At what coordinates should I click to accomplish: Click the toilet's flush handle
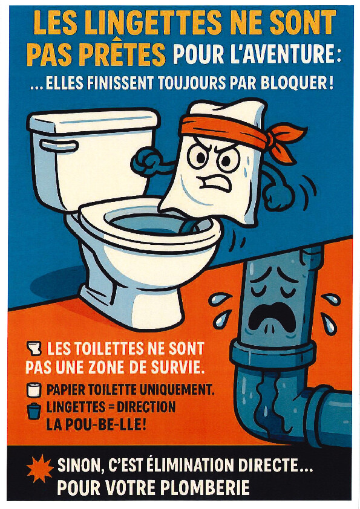pos(59,146)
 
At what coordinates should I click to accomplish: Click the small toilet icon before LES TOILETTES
pos(34,348)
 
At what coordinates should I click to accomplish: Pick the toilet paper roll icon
pos(34,389)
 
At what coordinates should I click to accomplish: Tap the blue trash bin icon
pos(34,410)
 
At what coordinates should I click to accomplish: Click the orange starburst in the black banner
pos(40,468)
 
